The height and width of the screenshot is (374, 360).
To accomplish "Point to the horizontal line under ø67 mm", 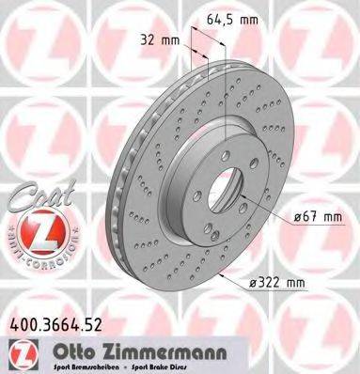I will tap(315, 225).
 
